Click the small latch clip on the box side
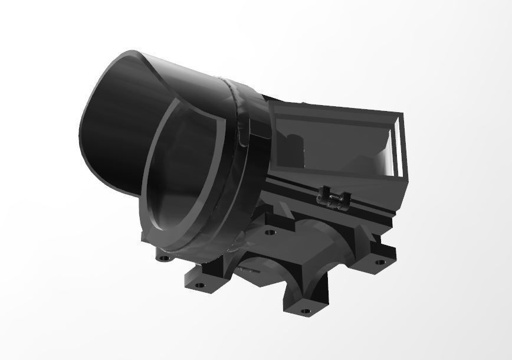pos(333,199)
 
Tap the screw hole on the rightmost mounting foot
pos(380,261)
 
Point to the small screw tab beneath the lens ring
pos(163,258)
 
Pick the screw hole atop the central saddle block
pos(270,233)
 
